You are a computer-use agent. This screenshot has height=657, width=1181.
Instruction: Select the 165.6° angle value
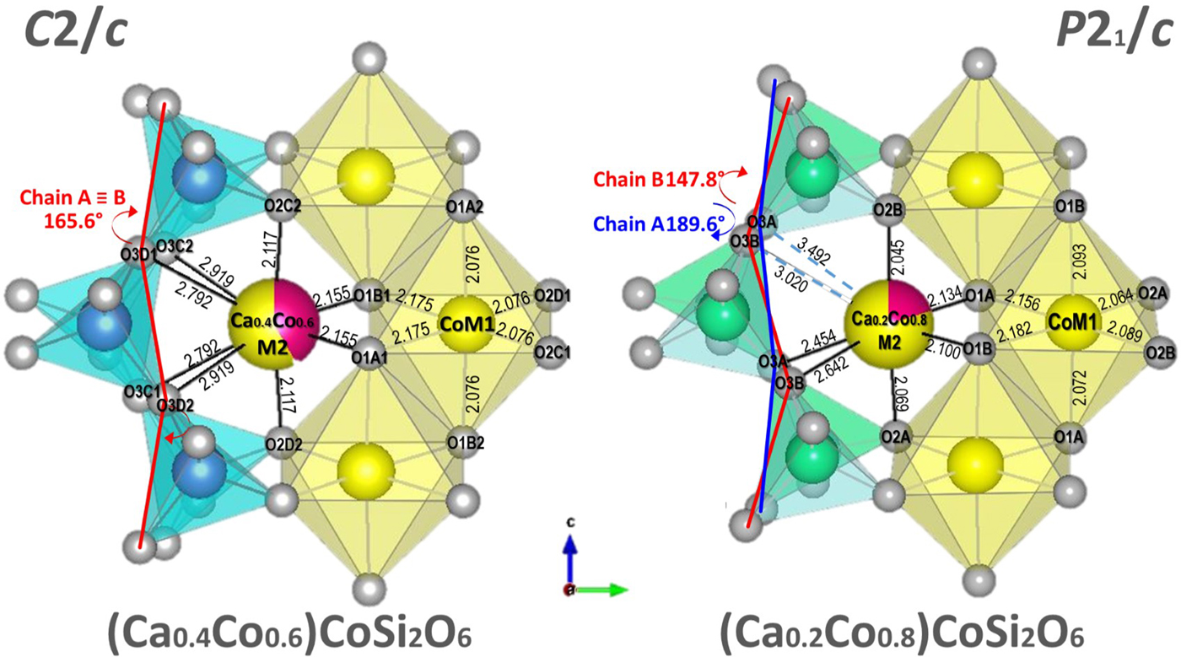pos(73,221)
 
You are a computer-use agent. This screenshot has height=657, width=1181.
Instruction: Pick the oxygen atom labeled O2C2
pos(283,206)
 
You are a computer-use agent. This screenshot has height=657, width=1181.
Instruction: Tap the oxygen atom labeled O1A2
pos(465,207)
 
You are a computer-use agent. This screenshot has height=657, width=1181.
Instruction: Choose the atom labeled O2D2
pos(283,444)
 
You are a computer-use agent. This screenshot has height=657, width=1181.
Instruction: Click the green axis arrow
pos(601,589)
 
